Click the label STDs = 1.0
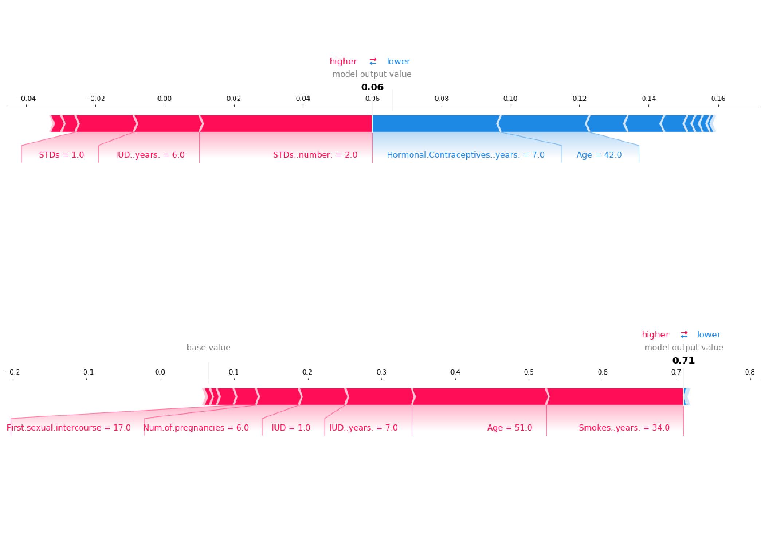pos(62,155)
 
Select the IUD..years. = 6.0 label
pos(150,155)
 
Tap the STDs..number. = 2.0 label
pos(315,155)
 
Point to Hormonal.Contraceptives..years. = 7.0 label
pos(466,155)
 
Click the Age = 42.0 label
pos(599,155)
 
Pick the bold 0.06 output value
pos(372,87)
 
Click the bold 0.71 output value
pos(683,361)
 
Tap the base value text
pos(208,348)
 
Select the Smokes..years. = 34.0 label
pos(624,428)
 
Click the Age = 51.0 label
pos(510,428)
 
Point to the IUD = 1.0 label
pos(291,428)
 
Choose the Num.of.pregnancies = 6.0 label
pos(196,428)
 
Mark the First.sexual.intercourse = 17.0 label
pos(69,428)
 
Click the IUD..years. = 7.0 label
pos(363,428)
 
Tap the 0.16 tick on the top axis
pos(718,99)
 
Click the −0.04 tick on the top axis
pos(26,99)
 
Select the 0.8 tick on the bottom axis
pos(750,372)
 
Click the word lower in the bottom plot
pos(709,335)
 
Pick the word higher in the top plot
pos(343,61)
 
